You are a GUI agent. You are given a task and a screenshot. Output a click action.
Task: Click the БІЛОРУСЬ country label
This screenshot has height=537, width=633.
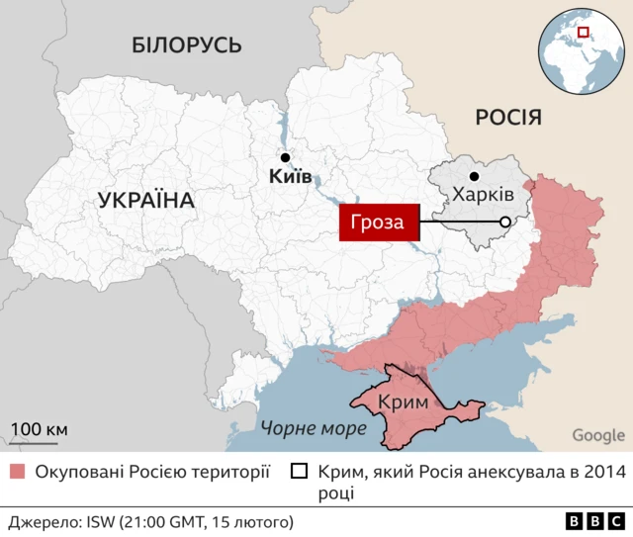186,45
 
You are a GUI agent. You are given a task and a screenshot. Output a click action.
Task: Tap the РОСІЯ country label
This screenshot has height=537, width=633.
508,118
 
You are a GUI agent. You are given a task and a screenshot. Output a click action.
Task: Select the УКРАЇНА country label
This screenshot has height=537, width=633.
146,201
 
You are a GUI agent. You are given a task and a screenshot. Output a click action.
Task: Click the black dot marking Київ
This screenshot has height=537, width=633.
285,157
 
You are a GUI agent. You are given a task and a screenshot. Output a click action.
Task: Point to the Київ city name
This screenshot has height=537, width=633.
290,178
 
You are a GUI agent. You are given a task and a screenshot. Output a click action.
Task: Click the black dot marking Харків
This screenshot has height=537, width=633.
474,176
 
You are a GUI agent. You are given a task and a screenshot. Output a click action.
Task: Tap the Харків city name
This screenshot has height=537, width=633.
483,194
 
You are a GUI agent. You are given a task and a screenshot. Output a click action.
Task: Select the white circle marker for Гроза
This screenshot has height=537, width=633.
505,223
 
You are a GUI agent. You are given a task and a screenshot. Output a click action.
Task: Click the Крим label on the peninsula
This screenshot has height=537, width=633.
404,402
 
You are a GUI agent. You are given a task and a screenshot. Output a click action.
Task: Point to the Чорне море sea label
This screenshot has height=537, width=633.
314,428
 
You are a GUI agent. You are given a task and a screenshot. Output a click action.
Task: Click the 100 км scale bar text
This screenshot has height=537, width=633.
40,428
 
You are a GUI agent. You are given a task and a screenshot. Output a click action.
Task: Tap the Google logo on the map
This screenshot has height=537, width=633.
598,435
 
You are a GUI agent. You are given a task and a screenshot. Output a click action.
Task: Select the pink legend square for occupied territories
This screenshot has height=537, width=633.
17,472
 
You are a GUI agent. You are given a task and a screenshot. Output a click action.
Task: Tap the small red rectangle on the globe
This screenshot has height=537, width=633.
584,33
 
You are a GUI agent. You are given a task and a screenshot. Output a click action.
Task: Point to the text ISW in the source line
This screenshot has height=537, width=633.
103,521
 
